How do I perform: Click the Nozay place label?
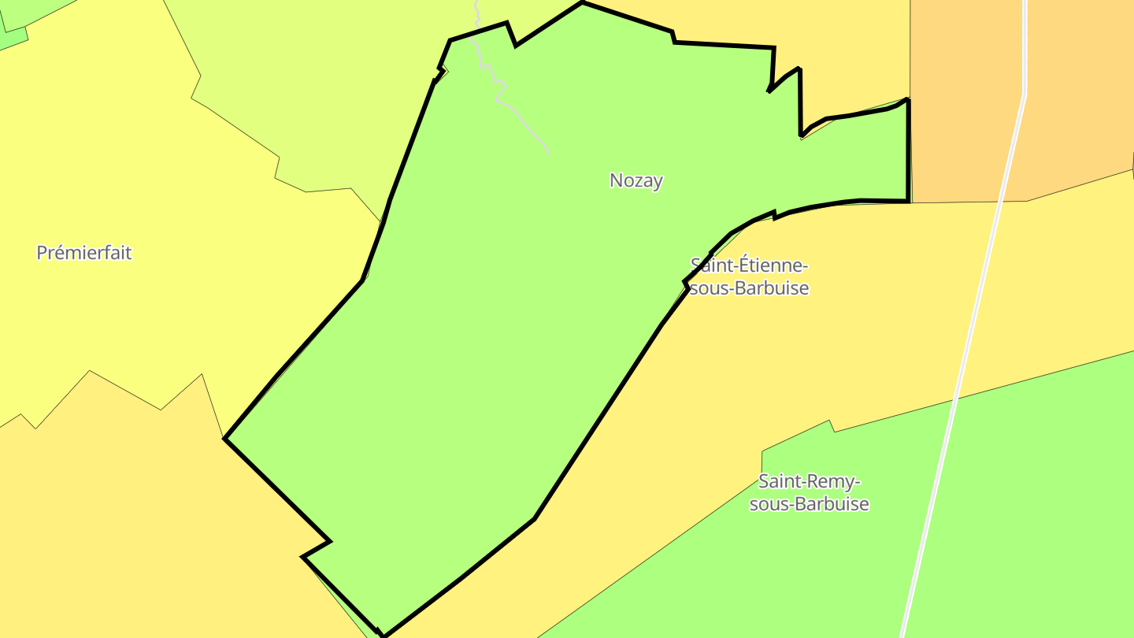pos(636,180)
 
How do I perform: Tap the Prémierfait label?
pos(84,253)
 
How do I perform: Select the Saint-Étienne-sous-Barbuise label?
pos(749,276)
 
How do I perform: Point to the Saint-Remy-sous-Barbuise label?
pos(809,492)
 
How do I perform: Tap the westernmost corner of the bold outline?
pos(225,439)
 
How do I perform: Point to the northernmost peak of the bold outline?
pos(583,3)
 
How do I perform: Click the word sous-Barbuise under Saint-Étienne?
pos(749,288)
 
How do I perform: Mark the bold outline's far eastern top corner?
pos(908,100)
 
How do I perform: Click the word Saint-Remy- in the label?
pos(809,481)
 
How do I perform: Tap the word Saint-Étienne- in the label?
pos(749,265)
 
